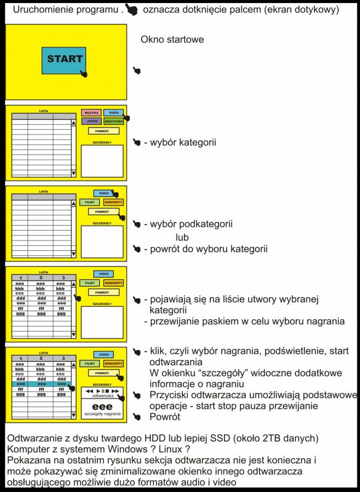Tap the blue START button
tap(64, 60)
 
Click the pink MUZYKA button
tap(91, 113)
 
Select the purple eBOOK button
tap(91, 121)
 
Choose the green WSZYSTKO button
tap(114, 121)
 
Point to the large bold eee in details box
tap(103, 407)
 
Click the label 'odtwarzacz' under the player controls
tap(103, 397)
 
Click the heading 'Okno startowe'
tap(172, 39)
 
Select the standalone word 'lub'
tap(182, 237)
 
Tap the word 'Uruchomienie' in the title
tap(46, 9)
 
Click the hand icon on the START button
tap(83, 73)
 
